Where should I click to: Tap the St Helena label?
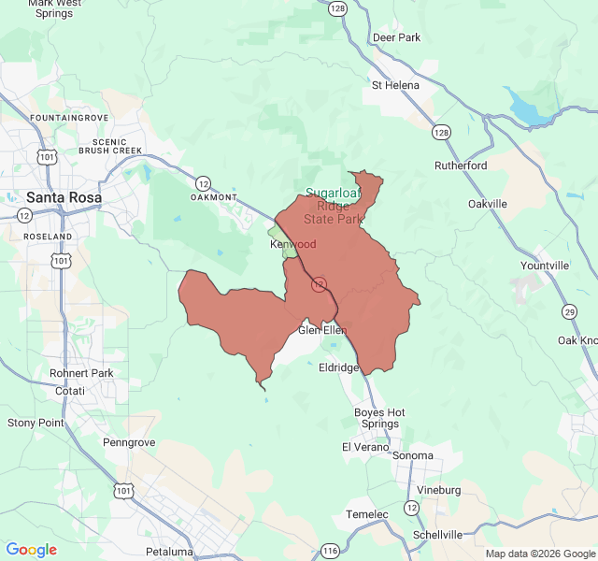(395, 85)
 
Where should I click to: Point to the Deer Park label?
(396, 37)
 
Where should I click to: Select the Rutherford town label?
(461, 165)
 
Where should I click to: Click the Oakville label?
(487, 203)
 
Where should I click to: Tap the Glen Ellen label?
(322, 330)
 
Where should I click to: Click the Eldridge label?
(338, 367)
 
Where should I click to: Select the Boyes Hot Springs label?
(379, 418)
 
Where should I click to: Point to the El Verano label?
(363, 447)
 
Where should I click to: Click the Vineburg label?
(438, 490)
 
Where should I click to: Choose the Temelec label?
(366, 514)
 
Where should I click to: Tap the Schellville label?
(437, 535)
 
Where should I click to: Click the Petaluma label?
(169, 552)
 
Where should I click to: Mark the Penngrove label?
(128, 441)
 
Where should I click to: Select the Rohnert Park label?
(81, 373)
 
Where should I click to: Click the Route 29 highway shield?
(569, 311)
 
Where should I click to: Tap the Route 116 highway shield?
(331, 551)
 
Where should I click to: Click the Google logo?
(31, 550)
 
